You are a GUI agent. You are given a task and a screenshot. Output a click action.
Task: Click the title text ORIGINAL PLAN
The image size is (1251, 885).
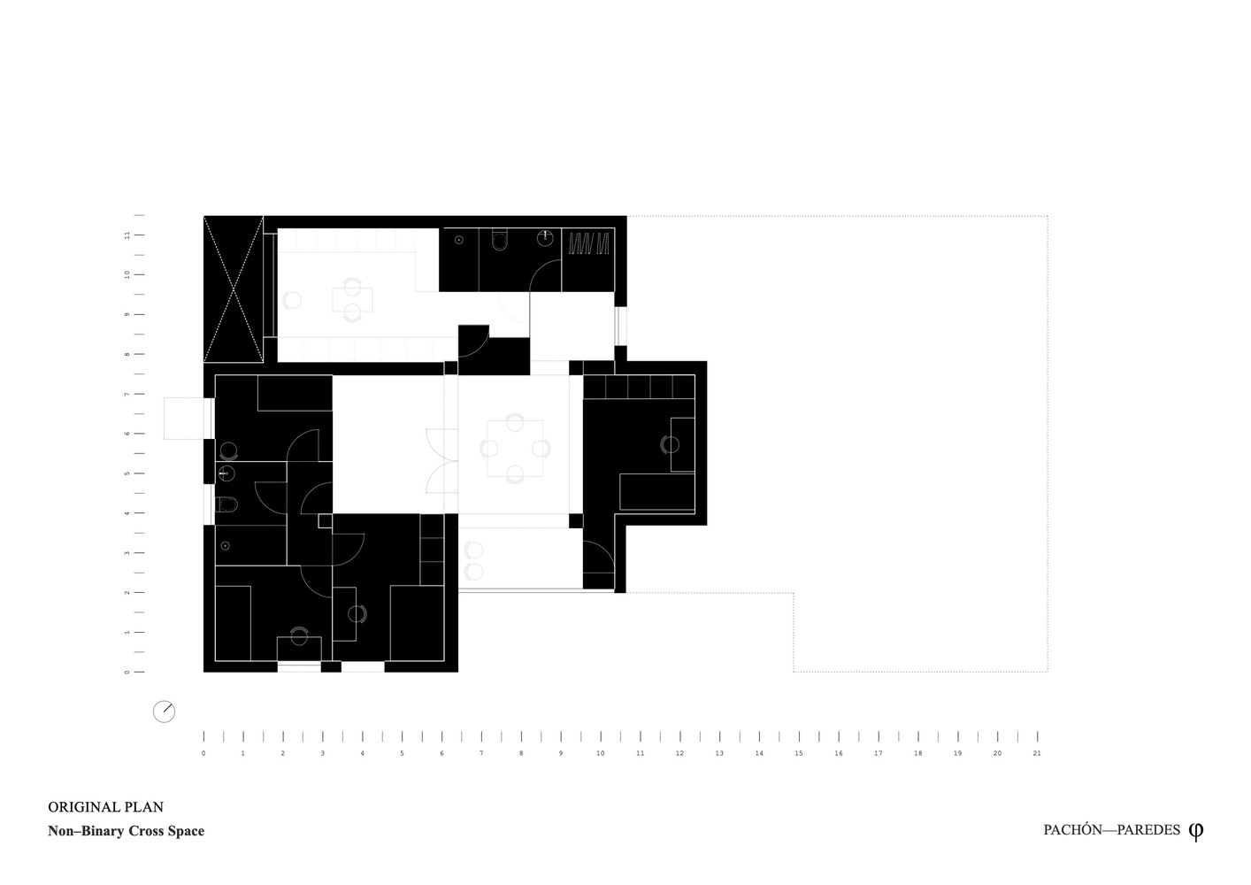[x=105, y=807]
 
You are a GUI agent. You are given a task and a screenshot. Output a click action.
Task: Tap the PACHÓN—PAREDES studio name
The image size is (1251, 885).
[x=1111, y=830]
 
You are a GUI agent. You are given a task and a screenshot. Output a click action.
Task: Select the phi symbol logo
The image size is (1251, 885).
[x=1196, y=831]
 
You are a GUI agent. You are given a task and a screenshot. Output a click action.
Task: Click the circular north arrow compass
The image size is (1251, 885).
[x=165, y=712]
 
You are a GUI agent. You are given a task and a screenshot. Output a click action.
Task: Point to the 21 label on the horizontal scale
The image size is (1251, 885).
[x=1037, y=753]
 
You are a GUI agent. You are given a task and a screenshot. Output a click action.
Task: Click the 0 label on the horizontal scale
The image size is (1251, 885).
[x=203, y=753]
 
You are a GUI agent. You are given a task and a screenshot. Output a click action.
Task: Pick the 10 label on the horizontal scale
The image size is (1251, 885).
[x=601, y=753]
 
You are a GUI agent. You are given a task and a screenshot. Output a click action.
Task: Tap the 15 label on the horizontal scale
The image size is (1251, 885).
[x=799, y=753]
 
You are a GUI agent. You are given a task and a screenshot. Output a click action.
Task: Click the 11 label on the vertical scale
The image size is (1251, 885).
[x=127, y=235]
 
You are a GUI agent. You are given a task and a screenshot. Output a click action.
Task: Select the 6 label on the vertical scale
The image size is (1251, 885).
[x=127, y=434]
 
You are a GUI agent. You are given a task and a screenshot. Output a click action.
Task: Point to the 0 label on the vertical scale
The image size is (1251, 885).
[x=127, y=672]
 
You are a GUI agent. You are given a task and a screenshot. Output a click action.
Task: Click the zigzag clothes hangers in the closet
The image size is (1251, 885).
[x=588, y=243]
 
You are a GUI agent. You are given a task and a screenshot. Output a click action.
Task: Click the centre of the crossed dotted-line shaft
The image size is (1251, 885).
[x=233, y=289]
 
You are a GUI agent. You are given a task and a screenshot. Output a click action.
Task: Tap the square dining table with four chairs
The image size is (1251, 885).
[x=515, y=448]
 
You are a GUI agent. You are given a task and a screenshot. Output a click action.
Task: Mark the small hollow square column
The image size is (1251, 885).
[x=325, y=520]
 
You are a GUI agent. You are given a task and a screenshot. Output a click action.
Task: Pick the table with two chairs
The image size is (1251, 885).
[x=352, y=300]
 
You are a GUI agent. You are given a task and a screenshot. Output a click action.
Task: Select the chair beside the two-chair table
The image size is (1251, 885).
[x=292, y=300]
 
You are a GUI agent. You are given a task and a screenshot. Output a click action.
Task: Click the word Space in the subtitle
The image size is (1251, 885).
[x=186, y=831]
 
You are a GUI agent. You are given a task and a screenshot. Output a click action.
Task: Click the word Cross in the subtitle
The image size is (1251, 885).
[x=146, y=831]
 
